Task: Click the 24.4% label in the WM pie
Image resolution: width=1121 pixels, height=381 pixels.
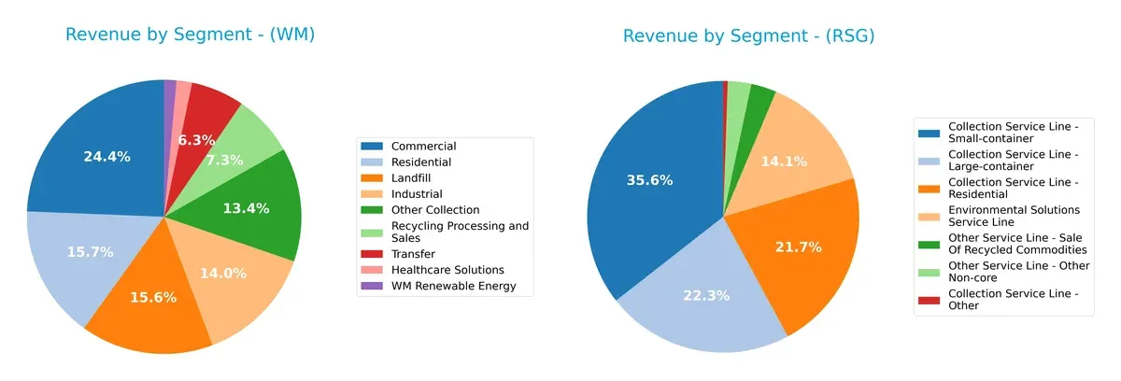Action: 106,157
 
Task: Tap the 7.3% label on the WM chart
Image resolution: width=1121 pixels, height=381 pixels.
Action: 224,161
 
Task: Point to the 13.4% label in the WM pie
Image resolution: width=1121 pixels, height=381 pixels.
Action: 246,208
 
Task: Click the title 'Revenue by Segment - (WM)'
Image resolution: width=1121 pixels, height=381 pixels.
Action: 190,35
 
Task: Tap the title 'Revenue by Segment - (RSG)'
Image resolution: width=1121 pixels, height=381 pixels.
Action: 748,36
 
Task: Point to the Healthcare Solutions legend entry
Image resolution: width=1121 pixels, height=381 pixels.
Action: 447,270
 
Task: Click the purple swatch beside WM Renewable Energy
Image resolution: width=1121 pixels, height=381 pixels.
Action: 372,286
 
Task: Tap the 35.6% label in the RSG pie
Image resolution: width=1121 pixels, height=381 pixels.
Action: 649,180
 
